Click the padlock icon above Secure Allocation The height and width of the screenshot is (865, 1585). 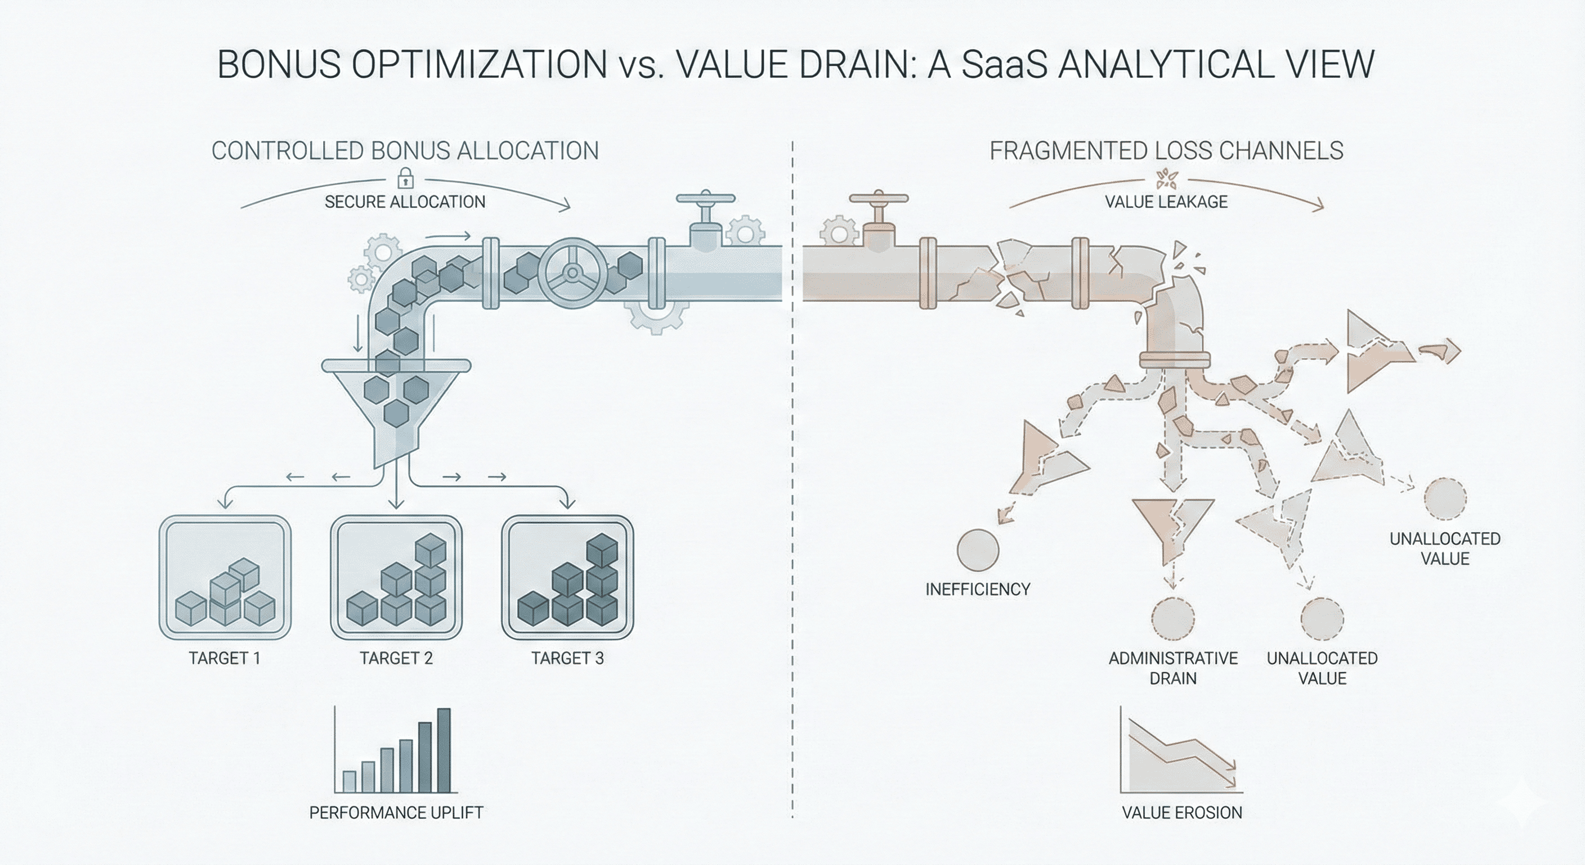(x=405, y=179)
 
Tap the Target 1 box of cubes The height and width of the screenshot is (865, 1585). (x=225, y=577)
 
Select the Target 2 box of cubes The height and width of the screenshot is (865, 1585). (x=396, y=577)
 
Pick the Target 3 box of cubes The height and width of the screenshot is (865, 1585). (x=567, y=577)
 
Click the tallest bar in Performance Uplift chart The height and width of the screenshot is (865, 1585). (x=444, y=750)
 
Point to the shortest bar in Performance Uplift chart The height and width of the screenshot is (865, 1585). (x=349, y=781)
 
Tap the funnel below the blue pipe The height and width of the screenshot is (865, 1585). (x=396, y=409)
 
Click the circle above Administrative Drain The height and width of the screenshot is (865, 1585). (x=1173, y=618)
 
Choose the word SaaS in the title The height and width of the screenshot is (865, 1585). (x=1002, y=64)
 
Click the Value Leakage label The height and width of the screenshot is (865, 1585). (x=1166, y=202)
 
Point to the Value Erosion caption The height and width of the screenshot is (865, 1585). (x=1182, y=813)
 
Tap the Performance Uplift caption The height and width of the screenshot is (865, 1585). (x=396, y=813)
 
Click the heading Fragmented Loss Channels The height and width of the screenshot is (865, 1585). (x=1166, y=151)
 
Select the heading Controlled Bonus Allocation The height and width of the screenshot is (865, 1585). (x=405, y=151)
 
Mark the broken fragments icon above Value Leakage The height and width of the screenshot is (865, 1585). (x=1166, y=179)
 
